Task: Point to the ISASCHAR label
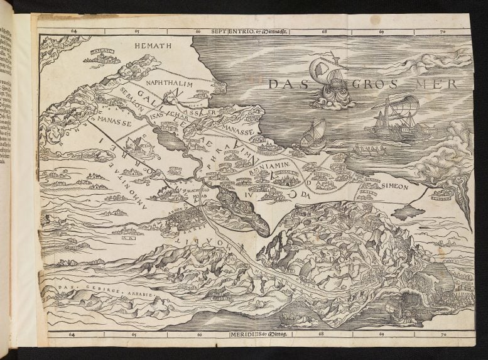pyautogui.click(x=165, y=115)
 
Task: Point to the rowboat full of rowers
pyautogui.click(x=371, y=151)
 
